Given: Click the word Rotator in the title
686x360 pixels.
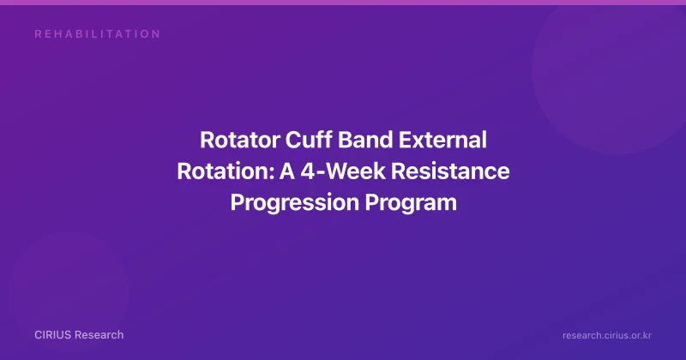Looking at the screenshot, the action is pyautogui.click(x=240, y=141).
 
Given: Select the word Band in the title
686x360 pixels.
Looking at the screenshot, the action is pyautogui.click(x=365, y=141).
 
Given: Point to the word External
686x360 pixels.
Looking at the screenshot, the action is pyautogui.click(x=442, y=141).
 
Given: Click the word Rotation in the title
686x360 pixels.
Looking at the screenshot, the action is pyautogui.click(x=225, y=171).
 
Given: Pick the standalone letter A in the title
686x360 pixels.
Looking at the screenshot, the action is pyautogui.click(x=287, y=171).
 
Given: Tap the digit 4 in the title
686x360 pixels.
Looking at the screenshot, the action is pyautogui.click(x=308, y=171).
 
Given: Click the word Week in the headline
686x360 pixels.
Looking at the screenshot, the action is pyautogui.click(x=356, y=171).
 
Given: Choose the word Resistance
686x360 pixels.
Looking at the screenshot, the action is pyautogui.click(x=450, y=171).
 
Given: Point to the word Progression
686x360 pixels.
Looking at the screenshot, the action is pyautogui.click(x=295, y=202).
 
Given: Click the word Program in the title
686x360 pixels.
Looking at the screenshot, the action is pyautogui.click(x=411, y=202).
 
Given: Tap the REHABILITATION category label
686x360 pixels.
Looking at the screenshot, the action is pyautogui.click(x=98, y=34).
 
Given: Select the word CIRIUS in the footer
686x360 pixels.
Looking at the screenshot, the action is pyautogui.click(x=52, y=335).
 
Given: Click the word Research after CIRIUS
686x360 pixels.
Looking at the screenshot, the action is pyautogui.click(x=99, y=335).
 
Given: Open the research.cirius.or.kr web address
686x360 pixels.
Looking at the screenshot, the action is pyautogui.click(x=607, y=335).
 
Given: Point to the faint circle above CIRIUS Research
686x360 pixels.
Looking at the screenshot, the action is pyautogui.click(x=68, y=291).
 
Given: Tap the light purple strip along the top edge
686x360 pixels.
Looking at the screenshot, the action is pyautogui.click(x=343, y=3).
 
